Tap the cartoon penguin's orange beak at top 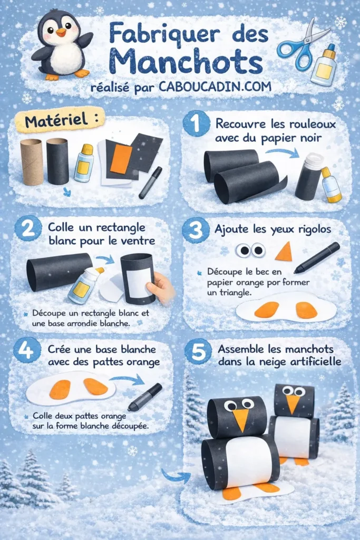click(x=62, y=32)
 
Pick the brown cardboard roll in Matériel click(x=32, y=161)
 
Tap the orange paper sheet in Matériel click(x=121, y=159)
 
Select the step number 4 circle click(x=26, y=349)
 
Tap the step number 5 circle click(x=198, y=352)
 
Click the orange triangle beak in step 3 click(x=285, y=252)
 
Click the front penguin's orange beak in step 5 click(x=241, y=418)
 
